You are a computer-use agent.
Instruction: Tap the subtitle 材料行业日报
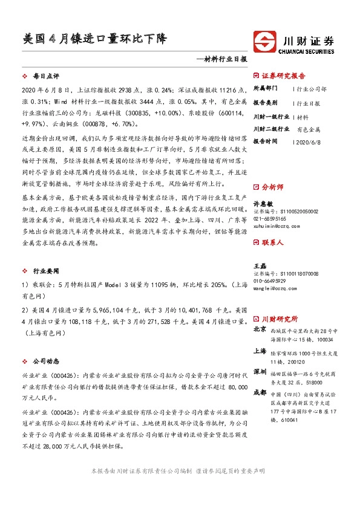pos(224,60)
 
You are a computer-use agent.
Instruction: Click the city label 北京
pos(260,329)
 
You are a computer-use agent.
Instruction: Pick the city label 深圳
pos(260,371)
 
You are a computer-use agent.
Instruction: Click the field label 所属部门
pos(267,88)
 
